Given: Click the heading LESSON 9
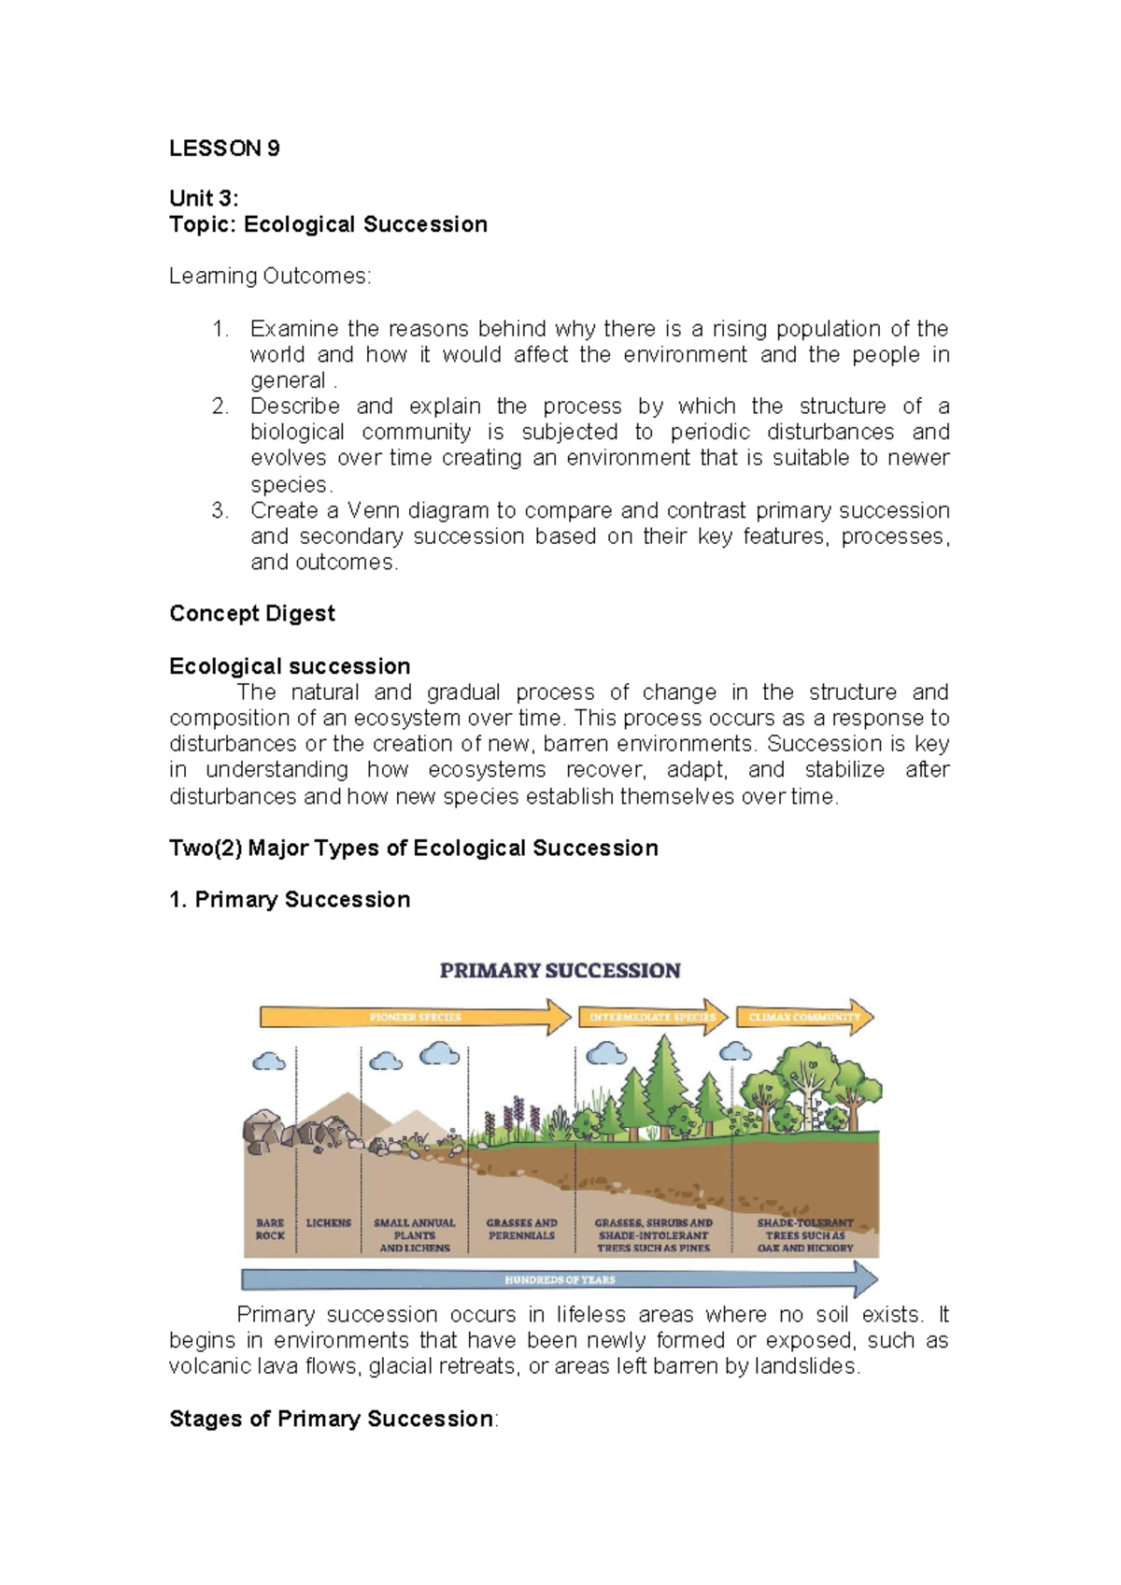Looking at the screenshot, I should pos(224,149).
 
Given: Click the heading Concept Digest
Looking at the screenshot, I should pos(251,613).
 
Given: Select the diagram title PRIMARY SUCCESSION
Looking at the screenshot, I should pos(560,970).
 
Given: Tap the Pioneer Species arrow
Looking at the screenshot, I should pos(415,1017).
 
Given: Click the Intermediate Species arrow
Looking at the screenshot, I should pos(652,1017).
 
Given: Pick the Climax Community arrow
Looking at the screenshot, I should pos(803,1017).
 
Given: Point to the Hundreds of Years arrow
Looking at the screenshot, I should pos(560,1279).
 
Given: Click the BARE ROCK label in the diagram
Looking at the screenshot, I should pos(270,1229).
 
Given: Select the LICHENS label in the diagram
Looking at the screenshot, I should pos(329,1222).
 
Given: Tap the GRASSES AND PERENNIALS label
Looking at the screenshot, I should pos(521,1229).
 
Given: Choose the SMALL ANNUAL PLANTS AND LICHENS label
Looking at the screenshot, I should pos(414,1235).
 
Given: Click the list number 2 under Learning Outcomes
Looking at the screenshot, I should pos(220,407).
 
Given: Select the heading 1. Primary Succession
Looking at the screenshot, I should pos(290,899).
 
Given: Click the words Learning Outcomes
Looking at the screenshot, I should pos(270,276).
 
